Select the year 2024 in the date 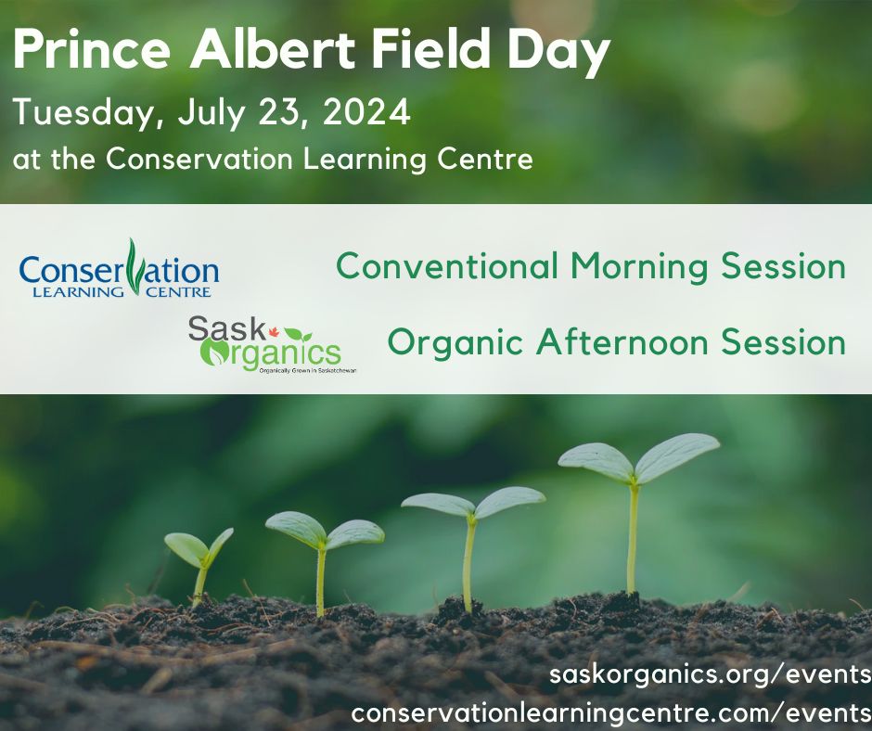(x=367, y=112)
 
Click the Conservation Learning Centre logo (x=119, y=269)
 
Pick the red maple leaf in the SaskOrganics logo (x=273, y=332)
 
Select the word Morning (x=639, y=267)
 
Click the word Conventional (x=447, y=265)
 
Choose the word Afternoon (x=622, y=341)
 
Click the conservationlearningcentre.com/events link (x=611, y=712)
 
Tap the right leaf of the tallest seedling (x=676, y=455)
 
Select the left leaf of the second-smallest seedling (x=297, y=528)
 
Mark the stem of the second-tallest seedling (x=469, y=563)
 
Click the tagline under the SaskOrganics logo (x=308, y=370)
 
